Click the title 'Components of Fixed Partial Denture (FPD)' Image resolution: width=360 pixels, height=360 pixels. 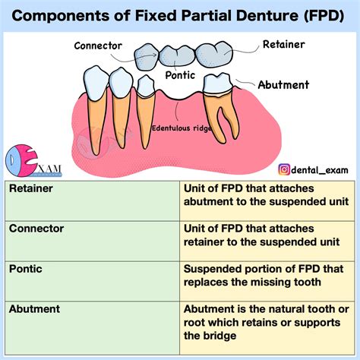tap(180, 14)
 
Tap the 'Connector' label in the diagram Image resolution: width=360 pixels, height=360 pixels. tap(99, 46)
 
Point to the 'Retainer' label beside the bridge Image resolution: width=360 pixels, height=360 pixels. tap(283, 45)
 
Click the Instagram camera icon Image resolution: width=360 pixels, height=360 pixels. tap(284, 171)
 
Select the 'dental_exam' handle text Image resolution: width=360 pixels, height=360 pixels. tap(319, 171)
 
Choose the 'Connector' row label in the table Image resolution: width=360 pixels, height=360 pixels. tap(36, 228)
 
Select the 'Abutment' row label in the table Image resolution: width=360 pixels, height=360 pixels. tap(35, 308)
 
